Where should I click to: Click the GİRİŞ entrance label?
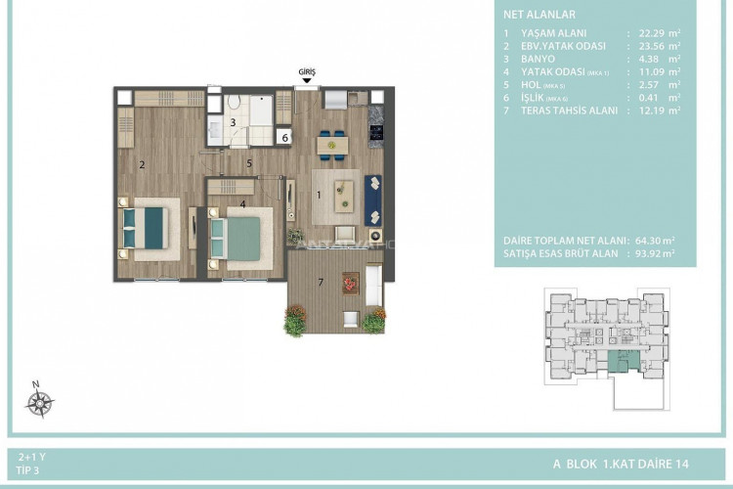point(308,71)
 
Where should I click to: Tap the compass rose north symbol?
point(39,402)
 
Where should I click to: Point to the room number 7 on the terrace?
point(320,284)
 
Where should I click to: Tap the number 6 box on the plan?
point(284,138)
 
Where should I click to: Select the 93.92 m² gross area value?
point(654,251)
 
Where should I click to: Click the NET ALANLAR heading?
point(539,15)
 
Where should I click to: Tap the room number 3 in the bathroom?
point(234,122)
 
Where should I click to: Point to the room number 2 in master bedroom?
point(143,164)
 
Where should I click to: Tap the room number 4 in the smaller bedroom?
point(242,204)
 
